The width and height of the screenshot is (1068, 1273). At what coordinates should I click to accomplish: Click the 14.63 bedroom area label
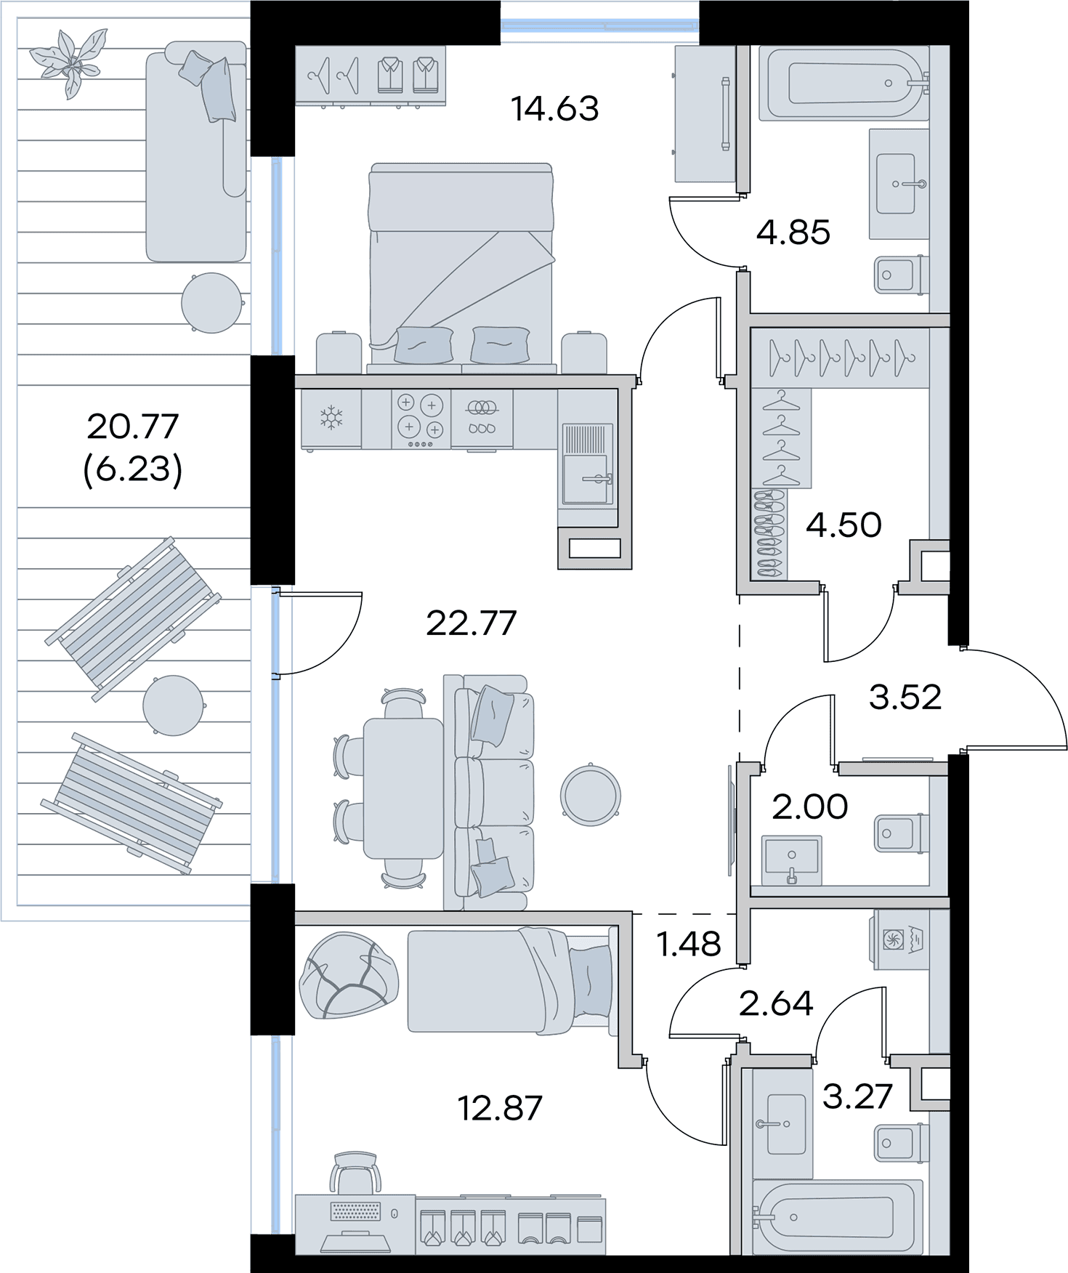click(555, 109)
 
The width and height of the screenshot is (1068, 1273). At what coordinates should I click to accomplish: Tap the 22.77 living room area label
click(471, 623)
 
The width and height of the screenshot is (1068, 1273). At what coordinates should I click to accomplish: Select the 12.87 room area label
click(500, 1108)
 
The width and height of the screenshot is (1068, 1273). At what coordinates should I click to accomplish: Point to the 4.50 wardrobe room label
click(844, 525)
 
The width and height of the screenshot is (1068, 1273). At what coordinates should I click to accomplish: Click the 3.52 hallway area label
click(905, 698)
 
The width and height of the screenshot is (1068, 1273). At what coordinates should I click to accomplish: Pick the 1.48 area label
click(688, 944)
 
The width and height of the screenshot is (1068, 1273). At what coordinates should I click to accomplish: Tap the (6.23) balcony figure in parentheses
click(133, 469)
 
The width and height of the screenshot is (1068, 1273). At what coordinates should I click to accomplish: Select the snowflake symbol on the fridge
click(331, 418)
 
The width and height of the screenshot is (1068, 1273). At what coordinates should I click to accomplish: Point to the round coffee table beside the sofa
click(591, 794)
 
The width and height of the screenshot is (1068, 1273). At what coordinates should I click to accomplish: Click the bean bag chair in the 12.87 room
click(349, 975)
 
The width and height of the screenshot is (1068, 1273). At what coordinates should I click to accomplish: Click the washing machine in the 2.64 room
click(901, 939)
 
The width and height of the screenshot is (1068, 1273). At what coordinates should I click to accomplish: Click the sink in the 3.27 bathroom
click(782, 1124)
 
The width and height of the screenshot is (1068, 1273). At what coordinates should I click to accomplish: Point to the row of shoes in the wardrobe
click(769, 534)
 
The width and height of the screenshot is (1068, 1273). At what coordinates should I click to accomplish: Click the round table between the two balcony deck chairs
click(173, 706)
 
